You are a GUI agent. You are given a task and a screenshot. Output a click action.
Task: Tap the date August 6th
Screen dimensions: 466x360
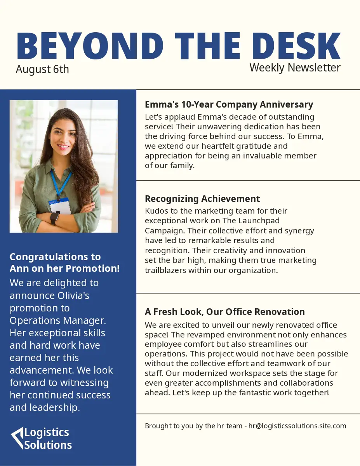click(42, 69)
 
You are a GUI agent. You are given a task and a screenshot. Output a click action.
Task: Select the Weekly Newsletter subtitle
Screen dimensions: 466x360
click(295, 67)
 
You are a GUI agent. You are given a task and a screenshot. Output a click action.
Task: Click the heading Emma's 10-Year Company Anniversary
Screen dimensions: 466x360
click(229, 104)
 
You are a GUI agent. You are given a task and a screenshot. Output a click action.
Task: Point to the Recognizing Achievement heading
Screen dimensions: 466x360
click(202, 199)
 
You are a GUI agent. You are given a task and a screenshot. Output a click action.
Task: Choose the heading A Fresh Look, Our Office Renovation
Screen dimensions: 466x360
click(224, 312)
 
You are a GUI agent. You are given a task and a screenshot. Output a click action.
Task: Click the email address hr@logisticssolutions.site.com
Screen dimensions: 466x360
click(297, 426)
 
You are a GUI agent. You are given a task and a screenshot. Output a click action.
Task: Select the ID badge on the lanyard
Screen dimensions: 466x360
click(60, 206)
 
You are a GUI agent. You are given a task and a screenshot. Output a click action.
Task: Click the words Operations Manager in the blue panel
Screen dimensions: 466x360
click(57, 320)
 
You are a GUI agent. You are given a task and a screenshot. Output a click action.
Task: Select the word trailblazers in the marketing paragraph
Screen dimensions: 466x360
click(165, 270)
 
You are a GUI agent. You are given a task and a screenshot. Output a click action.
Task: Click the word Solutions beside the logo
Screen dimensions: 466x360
click(48, 445)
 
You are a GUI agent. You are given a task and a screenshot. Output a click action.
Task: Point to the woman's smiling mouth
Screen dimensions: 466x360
click(63, 147)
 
